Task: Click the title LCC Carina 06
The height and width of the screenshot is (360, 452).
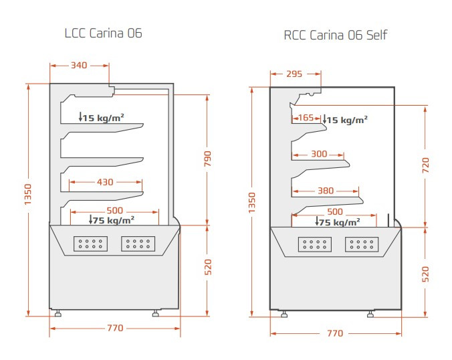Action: [x=103, y=33]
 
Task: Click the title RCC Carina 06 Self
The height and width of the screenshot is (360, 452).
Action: [x=335, y=35]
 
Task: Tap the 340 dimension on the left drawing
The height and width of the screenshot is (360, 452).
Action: [x=79, y=66]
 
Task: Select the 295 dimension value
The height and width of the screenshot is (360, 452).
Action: [x=294, y=74]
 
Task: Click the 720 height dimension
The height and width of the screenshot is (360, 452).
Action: [x=425, y=165]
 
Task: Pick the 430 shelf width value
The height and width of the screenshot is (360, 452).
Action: [x=106, y=181]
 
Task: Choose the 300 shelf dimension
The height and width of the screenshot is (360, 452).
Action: [x=320, y=155]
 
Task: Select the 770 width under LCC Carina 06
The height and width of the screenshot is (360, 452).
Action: [x=115, y=328]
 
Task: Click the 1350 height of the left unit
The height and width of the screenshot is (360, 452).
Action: [x=27, y=199]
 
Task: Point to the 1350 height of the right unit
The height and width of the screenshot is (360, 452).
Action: [x=251, y=201]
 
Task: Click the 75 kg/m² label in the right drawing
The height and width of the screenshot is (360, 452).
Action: [x=338, y=223]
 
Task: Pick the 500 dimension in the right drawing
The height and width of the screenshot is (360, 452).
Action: [x=335, y=212]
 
